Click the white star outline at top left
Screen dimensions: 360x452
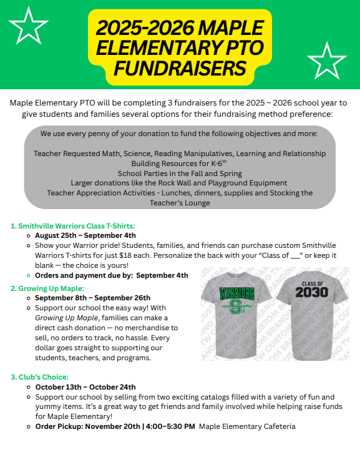point(28,24)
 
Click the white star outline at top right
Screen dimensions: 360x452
point(326,60)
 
